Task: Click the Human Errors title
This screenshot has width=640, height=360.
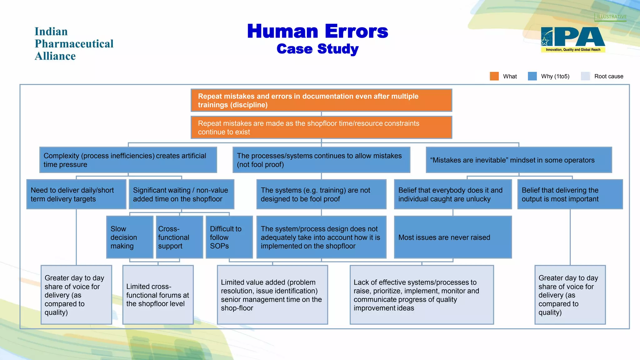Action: point(317,31)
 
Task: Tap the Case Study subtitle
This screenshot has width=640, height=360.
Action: point(317,49)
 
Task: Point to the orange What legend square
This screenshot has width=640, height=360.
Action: point(494,76)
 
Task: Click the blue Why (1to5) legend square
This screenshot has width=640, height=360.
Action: point(532,76)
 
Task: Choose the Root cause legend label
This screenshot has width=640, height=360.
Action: point(608,76)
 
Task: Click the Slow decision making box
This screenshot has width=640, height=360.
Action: point(130,237)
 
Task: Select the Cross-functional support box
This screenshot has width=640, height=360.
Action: point(179,237)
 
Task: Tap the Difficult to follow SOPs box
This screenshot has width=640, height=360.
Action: point(229,237)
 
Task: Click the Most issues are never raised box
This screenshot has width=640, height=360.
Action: point(453,237)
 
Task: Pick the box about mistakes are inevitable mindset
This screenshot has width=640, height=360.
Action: point(519,160)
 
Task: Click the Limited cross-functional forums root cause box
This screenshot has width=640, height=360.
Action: point(158,295)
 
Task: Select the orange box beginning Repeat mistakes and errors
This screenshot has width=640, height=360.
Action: point(321,100)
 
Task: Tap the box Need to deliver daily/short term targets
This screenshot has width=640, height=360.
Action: point(76,194)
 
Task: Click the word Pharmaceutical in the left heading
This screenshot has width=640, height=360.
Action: point(74,44)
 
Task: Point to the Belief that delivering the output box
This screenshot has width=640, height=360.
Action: point(570,194)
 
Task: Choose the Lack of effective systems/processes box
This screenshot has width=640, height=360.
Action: point(422,295)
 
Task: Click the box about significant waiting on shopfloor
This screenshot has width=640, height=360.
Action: point(181,194)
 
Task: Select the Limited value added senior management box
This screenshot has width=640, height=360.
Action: point(272,295)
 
